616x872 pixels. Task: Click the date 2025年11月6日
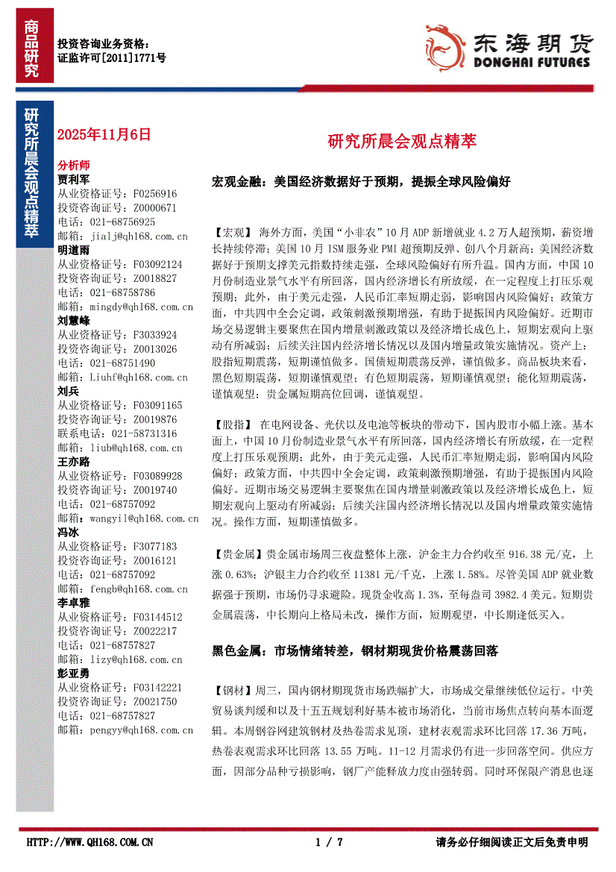click(x=104, y=135)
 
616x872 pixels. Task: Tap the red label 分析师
click(x=74, y=166)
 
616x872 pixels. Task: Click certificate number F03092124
click(x=156, y=264)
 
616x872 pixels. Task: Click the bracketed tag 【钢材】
click(x=233, y=690)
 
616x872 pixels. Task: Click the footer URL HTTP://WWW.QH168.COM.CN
click(x=89, y=842)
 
